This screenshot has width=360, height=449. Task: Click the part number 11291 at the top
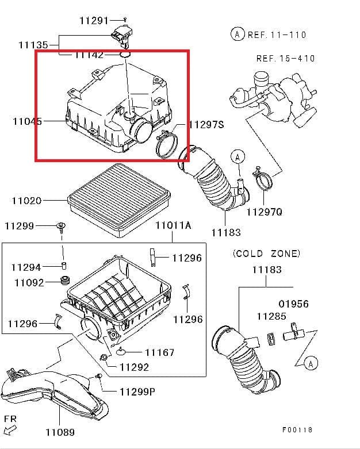tap(94, 21)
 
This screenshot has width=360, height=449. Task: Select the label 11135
tap(33, 44)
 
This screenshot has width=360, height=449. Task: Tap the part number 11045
tap(27, 121)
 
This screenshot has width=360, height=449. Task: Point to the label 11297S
tap(206, 125)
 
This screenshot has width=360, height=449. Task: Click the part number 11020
tap(26, 201)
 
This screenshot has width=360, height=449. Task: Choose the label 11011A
tap(173, 225)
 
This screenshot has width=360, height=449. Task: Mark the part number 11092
tap(29, 282)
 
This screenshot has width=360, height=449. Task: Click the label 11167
tap(159, 352)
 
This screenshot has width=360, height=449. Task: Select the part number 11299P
tap(137, 392)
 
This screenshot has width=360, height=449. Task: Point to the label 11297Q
tap(265, 212)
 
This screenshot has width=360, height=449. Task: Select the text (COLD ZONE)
tap(266, 254)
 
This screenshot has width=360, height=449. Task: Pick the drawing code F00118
tap(297, 429)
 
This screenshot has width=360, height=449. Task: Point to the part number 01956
tap(293, 304)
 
